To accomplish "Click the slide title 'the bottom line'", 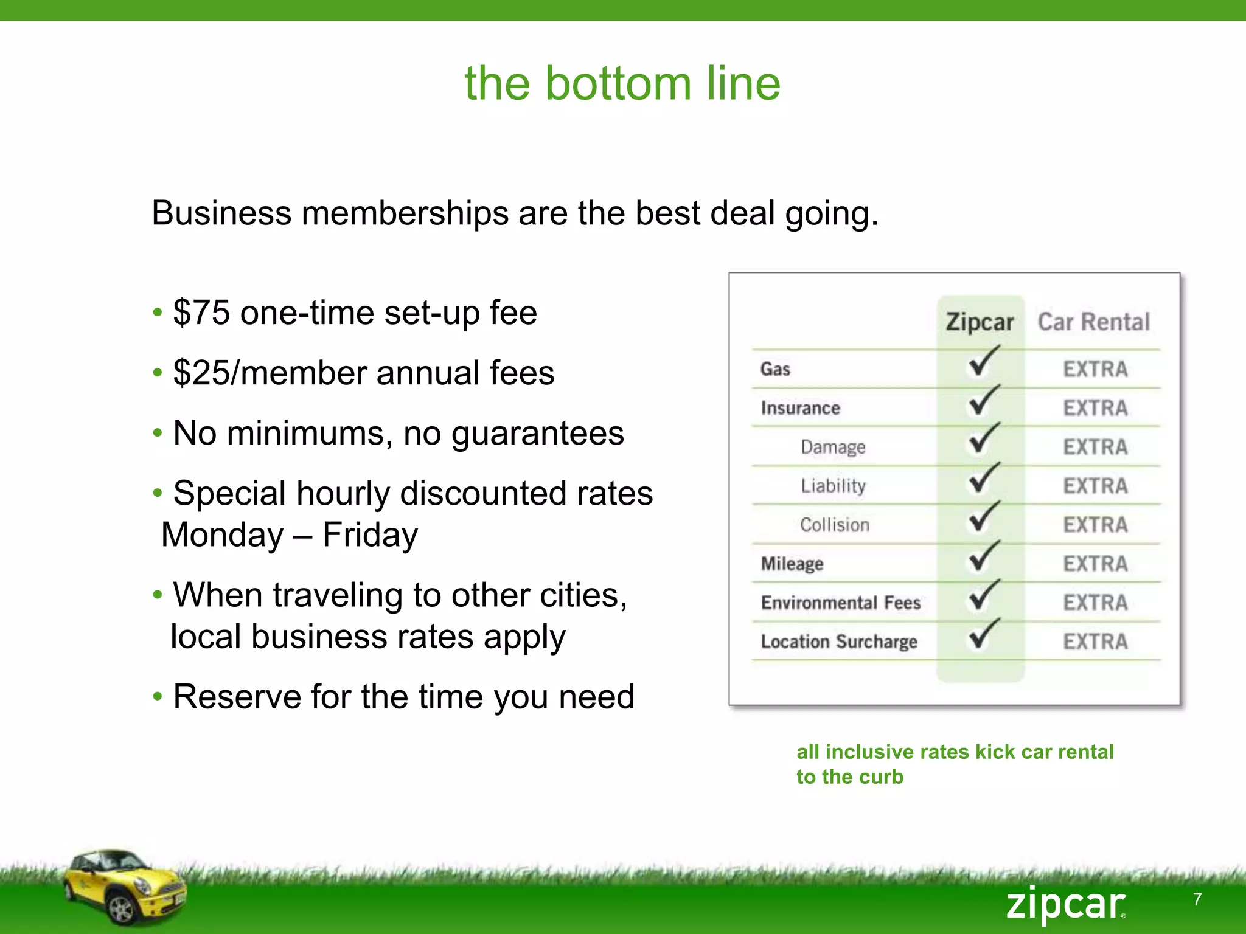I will [x=622, y=83].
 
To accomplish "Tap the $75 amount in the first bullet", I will [x=201, y=313].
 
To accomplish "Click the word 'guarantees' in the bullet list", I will [x=537, y=434].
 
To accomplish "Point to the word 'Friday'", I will [x=370, y=535].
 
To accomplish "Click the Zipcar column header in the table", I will [x=980, y=322].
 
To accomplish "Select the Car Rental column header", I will [x=1093, y=322].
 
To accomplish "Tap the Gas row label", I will [x=775, y=369].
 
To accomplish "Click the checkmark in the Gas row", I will [x=982, y=362].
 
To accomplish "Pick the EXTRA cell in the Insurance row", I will [x=1095, y=408].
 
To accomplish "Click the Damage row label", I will [x=833, y=447].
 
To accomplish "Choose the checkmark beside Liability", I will [x=982, y=479].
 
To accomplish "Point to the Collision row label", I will [x=835, y=525].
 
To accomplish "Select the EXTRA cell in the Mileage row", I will [x=1095, y=564].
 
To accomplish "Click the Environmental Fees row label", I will [x=841, y=603].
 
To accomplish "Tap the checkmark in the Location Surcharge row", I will [x=982, y=634].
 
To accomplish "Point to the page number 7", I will [x=1197, y=899].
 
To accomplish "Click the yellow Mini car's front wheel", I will [x=120, y=910].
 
